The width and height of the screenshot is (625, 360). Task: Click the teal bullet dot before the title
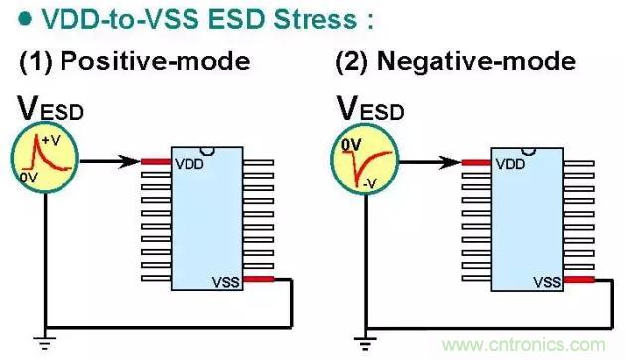click(x=25, y=19)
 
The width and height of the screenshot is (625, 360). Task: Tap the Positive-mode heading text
click(x=156, y=61)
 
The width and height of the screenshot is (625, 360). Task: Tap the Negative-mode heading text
click(x=476, y=61)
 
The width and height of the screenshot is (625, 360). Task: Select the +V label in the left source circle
click(x=51, y=140)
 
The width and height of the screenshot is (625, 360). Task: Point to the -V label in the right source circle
click(x=370, y=183)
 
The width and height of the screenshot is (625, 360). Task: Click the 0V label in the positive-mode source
click(x=28, y=178)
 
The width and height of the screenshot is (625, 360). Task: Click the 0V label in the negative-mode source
click(x=351, y=145)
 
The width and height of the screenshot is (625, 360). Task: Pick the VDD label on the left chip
click(x=189, y=164)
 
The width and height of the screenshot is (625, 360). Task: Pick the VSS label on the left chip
click(x=226, y=282)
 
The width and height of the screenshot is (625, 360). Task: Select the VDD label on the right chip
click(x=510, y=164)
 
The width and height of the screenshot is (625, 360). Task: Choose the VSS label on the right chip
click(x=547, y=282)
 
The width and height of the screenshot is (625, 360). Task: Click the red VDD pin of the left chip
click(x=156, y=162)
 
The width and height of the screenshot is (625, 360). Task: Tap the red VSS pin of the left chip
click(x=258, y=279)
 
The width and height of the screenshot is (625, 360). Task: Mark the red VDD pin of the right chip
click(x=477, y=163)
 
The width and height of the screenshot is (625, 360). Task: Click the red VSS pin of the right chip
click(x=579, y=280)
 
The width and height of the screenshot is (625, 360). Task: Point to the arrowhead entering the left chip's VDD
click(x=130, y=161)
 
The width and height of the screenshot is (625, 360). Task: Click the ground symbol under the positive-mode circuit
click(x=45, y=343)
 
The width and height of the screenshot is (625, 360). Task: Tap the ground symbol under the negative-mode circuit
click(x=365, y=343)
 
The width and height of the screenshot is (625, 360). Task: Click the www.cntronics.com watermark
click(x=524, y=345)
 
